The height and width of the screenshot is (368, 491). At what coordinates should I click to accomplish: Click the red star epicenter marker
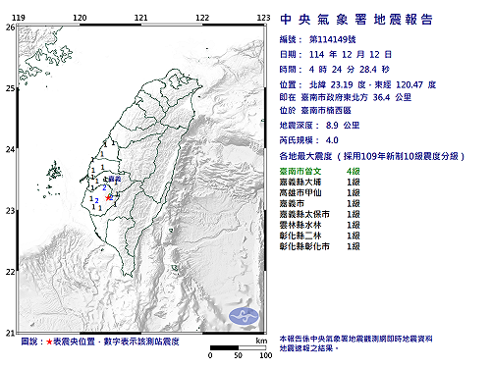(x=108, y=197)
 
